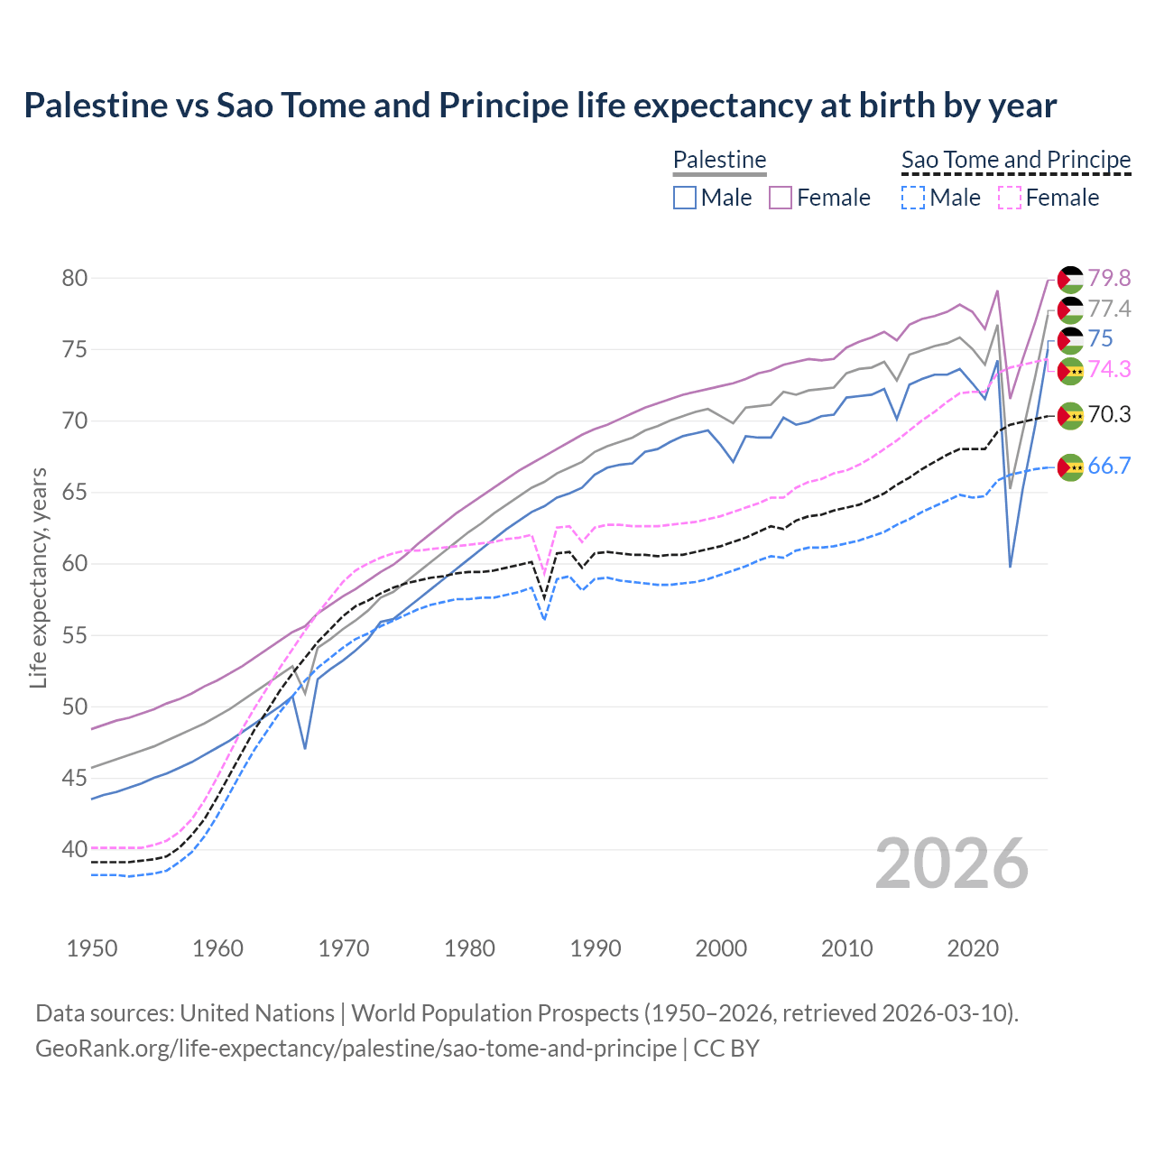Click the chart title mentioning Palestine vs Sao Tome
540,106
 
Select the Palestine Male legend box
685,198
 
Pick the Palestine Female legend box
781,198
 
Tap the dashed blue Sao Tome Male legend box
913,198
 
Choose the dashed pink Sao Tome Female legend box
1010,198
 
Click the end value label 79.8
1109,279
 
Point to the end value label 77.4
1109,310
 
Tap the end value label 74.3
1109,369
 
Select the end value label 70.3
1109,415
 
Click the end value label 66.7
1109,467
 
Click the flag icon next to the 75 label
1070,339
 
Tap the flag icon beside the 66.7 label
1070,467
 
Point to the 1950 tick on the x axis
92,948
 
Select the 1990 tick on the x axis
596,948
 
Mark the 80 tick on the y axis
75,278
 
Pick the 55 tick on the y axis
75,635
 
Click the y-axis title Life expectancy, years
38,577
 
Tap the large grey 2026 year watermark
952,864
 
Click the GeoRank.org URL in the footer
356,1049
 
